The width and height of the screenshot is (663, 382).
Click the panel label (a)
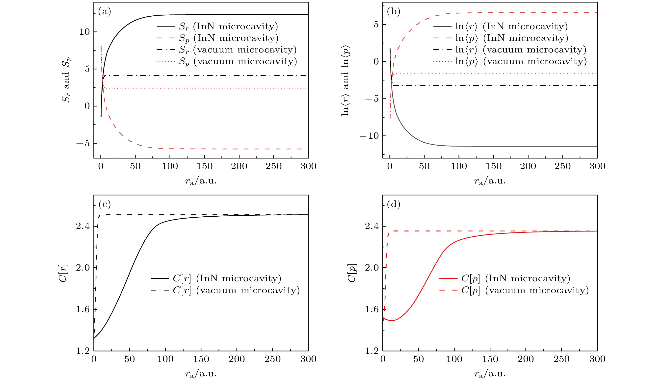[x=105, y=12]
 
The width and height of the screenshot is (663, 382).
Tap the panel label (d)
[x=394, y=204]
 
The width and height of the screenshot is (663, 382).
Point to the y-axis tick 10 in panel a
[x=84, y=32]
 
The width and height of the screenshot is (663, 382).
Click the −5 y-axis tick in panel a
[x=83, y=144]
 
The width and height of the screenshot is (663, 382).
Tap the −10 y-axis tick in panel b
[x=369, y=136]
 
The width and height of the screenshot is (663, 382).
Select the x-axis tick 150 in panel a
[x=205, y=166]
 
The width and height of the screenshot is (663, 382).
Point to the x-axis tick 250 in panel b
[x=562, y=166]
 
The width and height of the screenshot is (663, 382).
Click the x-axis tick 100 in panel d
[x=454, y=359]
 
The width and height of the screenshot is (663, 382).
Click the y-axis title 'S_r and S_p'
[x=66, y=80]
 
